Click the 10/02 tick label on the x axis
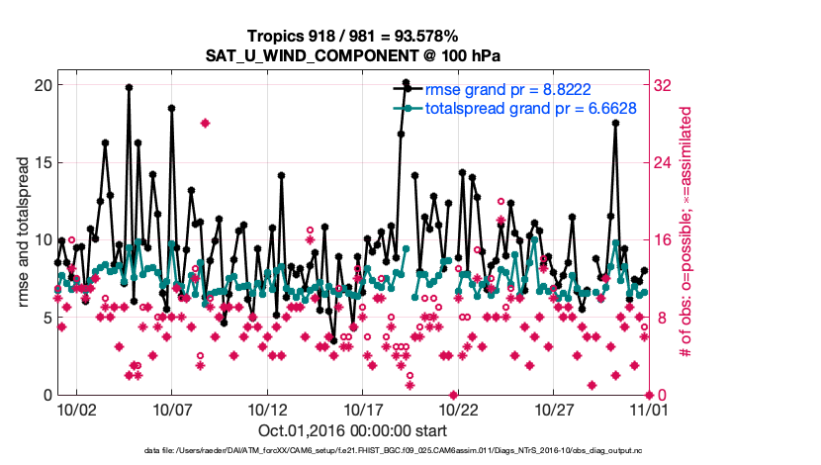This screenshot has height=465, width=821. click(77, 409)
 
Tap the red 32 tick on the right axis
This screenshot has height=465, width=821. click(665, 85)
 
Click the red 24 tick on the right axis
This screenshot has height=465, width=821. click(665, 162)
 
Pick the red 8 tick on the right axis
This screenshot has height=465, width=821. click(661, 318)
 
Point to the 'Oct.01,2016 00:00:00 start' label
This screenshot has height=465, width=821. click(352, 430)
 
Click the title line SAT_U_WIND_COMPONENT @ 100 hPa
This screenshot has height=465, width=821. click(352, 56)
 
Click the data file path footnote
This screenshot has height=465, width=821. click(393, 450)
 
